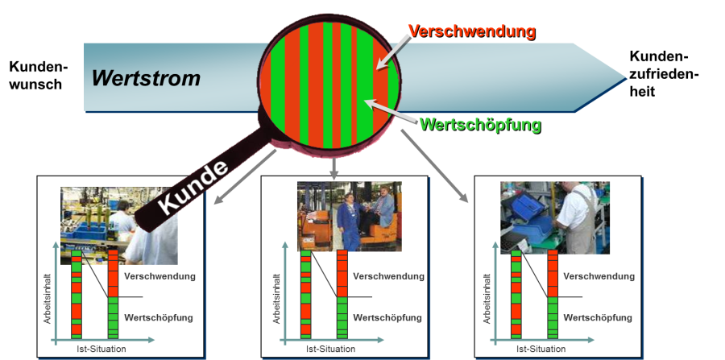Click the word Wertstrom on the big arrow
[x=145, y=78]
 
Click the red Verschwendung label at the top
[x=471, y=31]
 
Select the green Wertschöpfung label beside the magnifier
[x=480, y=125]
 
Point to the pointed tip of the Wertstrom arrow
[x=623, y=77]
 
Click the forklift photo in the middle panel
[x=349, y=215]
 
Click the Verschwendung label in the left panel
[x=160, y=276]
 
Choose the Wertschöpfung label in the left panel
[x=159, y=317]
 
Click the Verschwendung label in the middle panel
[x=388, y=276]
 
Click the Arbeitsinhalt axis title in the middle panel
[x=277, y=298]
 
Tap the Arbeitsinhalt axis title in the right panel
[x=488, y=298]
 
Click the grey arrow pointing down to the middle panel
[x=333, y=167]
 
